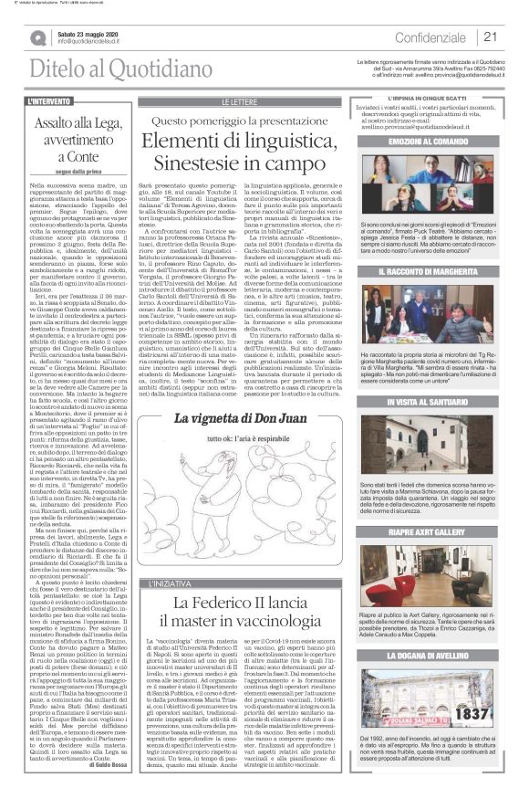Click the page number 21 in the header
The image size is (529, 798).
coord(490,37)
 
